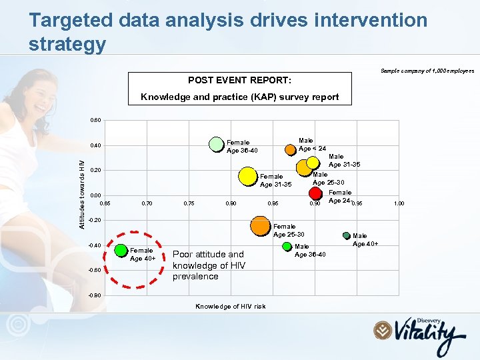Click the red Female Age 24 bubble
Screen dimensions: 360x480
316,193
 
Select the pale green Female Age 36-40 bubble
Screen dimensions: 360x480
216,144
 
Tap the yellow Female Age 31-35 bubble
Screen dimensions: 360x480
247,175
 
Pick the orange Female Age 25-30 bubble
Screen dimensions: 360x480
260,226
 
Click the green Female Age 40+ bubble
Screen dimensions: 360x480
121,251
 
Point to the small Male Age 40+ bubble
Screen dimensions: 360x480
346,235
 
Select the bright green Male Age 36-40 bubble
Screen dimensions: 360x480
287,246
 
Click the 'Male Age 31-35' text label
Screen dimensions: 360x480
344,161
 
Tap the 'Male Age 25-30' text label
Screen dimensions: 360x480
329,179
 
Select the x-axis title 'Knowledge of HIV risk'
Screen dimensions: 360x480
230,307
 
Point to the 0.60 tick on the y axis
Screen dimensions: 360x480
95,121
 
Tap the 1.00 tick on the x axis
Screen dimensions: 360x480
399,203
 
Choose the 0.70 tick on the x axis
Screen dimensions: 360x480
147,203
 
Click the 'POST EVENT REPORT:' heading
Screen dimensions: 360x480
239,80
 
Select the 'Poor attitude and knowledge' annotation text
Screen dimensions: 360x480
209,265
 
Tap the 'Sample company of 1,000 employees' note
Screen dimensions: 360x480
427,70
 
